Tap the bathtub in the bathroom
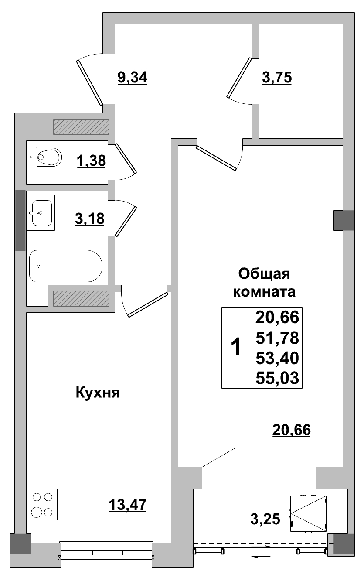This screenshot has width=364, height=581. (x=66, y=266)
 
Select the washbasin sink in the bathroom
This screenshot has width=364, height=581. (x=41, y=212)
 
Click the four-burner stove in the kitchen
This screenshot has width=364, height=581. (x=42, y=504)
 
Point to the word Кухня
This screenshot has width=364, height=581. (x=98, y=393)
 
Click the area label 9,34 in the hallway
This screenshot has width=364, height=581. (x=133, y=78)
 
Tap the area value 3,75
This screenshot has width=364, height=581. (x=277, y=78)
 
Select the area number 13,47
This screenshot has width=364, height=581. (x=127, y=505)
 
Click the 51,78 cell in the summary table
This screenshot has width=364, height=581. (x=277, y=338)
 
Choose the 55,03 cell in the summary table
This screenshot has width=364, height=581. (x=277, y=378)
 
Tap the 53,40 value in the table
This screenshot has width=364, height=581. (x=277, y=358)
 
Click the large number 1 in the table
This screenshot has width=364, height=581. (x=236, y=348)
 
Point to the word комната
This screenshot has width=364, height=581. (x=265, y=292)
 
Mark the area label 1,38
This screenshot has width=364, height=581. (x=91, y=161)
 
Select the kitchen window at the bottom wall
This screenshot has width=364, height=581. (x=106, y=553)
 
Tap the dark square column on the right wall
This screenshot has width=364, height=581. (x=344, y=220)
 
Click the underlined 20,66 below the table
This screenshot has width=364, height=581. (x=291, y=431)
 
